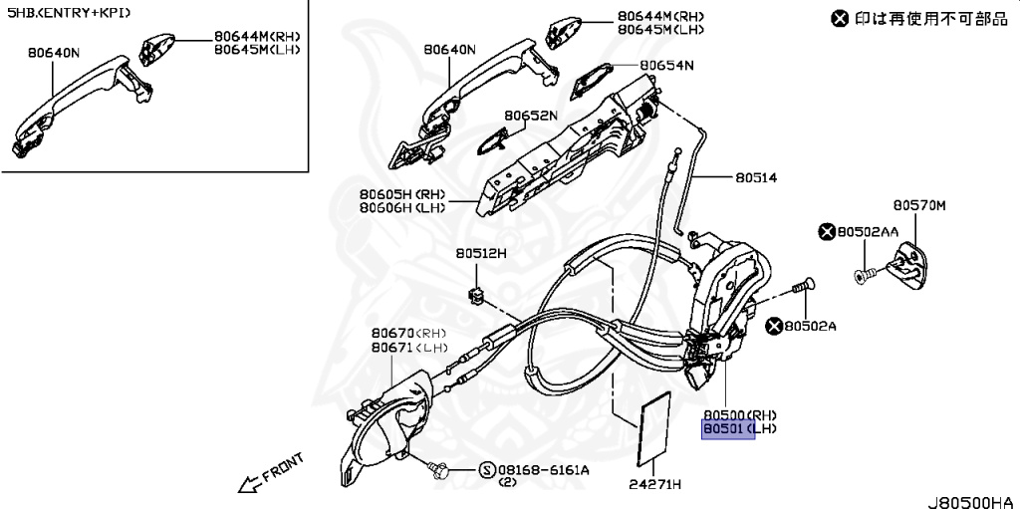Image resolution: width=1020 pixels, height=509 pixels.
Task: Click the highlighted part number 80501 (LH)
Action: pos(729,429)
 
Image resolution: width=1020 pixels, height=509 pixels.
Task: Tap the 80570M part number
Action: pos(918,206)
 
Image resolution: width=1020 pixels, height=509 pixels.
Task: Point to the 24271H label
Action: pos(654,485)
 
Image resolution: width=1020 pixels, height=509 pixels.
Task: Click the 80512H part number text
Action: pos(481,254)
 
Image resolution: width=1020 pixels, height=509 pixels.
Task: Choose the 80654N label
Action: pos(666,65)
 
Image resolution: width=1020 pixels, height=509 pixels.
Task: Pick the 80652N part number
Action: pos(530,116)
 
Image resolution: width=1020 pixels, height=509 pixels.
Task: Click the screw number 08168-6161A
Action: pos(544,470)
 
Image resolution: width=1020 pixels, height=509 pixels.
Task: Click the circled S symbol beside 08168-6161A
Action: pos(486,470)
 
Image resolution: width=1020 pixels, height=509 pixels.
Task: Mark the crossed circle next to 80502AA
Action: pos(826,232)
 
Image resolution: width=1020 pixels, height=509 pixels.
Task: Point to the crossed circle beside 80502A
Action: pos(773,325)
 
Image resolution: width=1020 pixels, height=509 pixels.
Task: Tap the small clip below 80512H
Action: pos(476,294)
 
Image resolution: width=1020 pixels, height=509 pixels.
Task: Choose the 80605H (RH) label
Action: pos(401,194)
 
